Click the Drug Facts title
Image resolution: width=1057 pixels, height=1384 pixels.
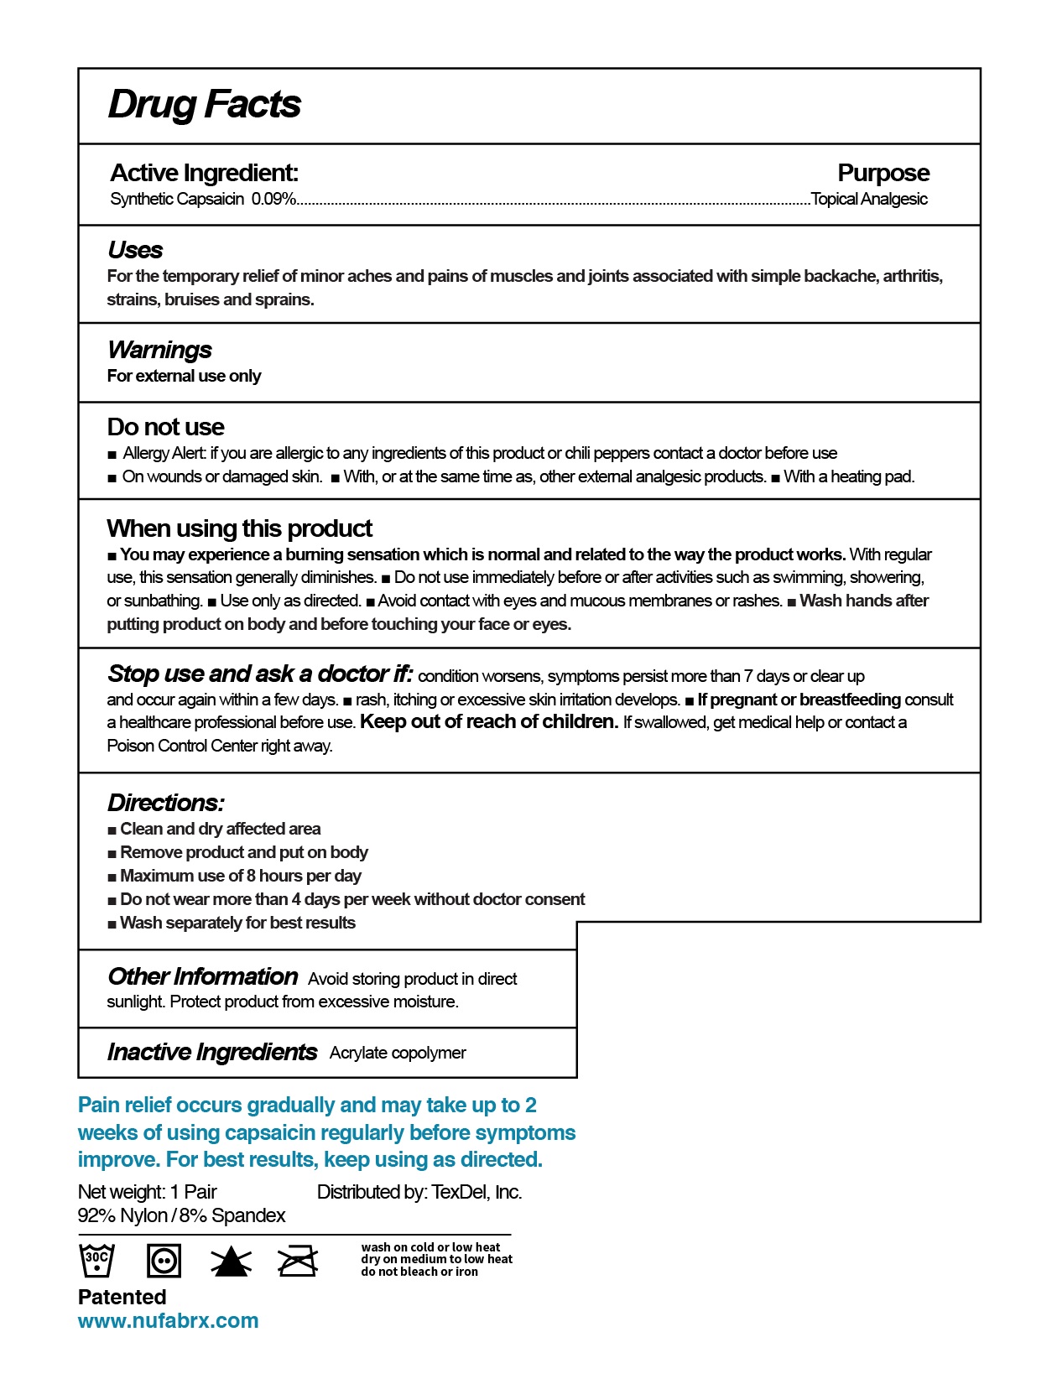(204, 105)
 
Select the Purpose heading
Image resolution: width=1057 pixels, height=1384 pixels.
(883, 173)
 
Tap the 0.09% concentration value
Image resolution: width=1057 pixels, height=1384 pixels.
(273, 200)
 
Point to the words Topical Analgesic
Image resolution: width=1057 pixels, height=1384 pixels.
(870, 200)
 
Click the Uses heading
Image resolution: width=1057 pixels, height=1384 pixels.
(135, 250)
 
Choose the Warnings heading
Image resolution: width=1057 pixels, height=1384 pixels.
(159, 350)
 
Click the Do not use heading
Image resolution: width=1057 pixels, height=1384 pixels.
(165, 427)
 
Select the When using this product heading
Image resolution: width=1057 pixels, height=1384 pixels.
(239, 528)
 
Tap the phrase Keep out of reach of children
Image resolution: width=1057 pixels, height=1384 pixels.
(489, 722)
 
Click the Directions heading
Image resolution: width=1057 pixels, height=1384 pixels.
(165, 803)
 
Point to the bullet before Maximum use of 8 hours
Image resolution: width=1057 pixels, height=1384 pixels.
(112, 877)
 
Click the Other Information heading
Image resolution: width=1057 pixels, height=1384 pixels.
(202, 977)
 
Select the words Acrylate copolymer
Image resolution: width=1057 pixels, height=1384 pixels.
(398, 1054)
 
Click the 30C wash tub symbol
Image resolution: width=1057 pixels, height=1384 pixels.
(96, 1260)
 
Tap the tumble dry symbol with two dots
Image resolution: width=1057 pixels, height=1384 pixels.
(164, 1261)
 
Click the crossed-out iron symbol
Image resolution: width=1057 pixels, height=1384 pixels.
(298, 1261)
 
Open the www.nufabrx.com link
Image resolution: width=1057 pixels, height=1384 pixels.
(168, 1321)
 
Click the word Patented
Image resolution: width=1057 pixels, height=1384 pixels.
(122, 1298)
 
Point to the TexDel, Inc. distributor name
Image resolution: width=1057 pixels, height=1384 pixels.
(476, 1193)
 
